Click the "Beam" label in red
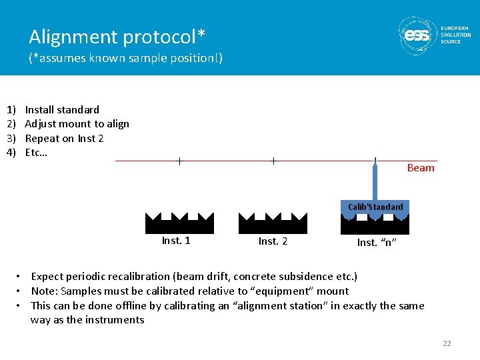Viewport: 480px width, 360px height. pyautogui.click(x=421, y=168)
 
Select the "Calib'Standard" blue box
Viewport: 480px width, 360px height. pyautogui.click(x=375, y=207)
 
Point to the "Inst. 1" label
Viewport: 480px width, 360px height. pyautogui.click(x=176, y=241)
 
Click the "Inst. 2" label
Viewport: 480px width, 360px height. pyautogui.click(x=273, y=241)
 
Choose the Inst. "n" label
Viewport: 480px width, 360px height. pyautogui.click(x=377, y=243)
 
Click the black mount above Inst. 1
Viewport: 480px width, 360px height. pyautogui.click(x=179, y=223)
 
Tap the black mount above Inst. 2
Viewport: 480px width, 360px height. pyautogui.click(x=273, y=223)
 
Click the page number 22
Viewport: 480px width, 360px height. pyautogui.click(x=447, y=343)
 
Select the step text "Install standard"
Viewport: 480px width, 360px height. pyautogui.click(x=62, y=109)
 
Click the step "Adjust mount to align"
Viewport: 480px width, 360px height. pyautogui.click(x=77, y=124)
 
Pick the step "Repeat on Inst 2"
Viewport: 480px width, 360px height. pyautogui.click(x=64, y=139)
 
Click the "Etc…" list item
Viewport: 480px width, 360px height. pyautogui.click(x=36, y=153)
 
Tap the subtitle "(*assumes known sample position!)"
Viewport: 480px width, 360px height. pyautogui.click(x=125, y=59)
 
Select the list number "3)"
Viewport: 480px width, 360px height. pyautogui.click(x=11, y=139)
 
